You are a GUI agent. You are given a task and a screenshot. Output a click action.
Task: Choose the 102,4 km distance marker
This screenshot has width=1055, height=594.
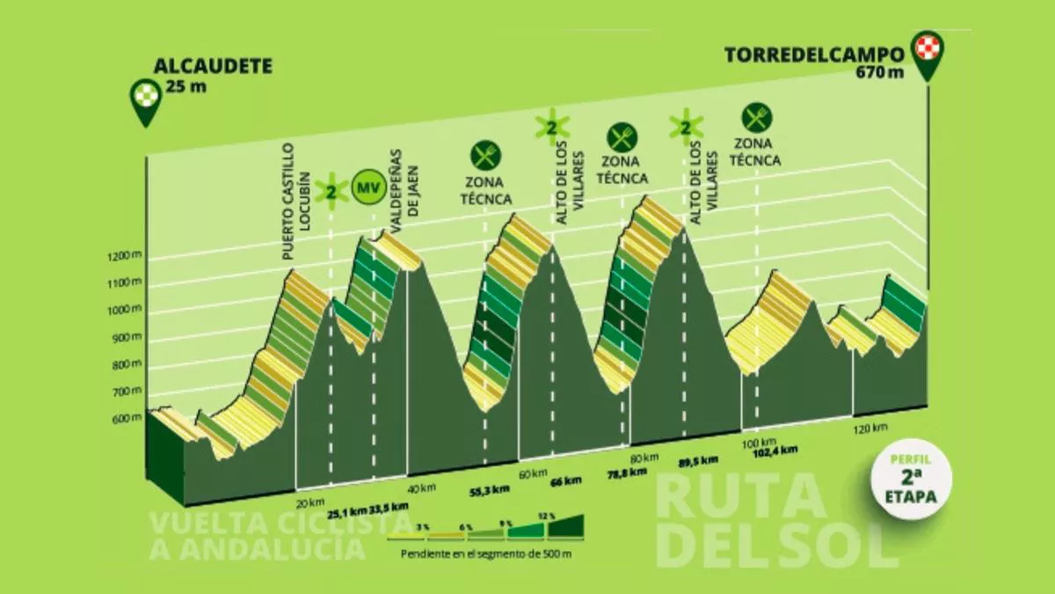[775, 450]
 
